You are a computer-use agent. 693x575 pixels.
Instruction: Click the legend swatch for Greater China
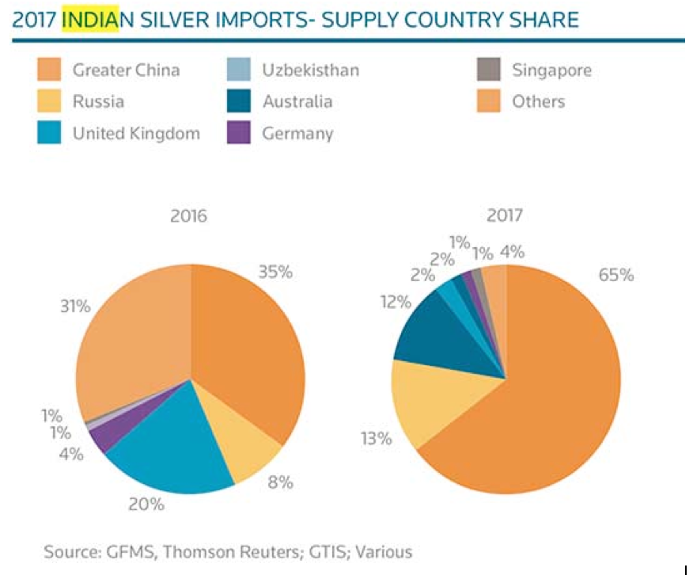49,70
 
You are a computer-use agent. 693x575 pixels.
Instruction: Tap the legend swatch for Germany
238,133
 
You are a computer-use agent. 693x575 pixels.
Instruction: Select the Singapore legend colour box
488,70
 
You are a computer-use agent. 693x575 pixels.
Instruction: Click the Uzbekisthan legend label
310,70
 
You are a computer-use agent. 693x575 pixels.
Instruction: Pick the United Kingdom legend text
136,133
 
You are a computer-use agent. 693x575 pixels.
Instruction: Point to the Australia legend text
297,101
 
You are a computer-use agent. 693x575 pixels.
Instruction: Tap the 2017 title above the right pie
504,215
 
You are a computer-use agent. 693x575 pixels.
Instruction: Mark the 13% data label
375,437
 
